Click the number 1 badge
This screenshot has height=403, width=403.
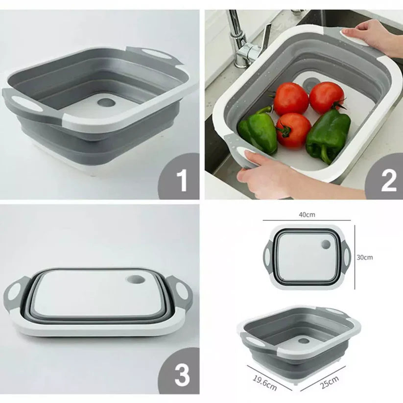[180, 177]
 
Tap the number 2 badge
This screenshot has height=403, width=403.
[385, 177]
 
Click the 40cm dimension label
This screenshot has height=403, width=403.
[307, 214]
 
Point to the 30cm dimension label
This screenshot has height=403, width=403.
[364, 257]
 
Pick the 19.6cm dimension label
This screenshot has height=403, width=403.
[265, 383]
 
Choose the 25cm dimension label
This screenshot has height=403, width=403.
[329, 382]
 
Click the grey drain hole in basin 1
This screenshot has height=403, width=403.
[106, 103]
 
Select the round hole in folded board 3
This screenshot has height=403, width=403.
[135, 279]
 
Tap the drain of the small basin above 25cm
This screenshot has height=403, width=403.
[304, 341]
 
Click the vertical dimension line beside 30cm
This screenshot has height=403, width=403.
[355, 257]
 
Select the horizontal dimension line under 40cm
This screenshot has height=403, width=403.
[307, 220]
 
